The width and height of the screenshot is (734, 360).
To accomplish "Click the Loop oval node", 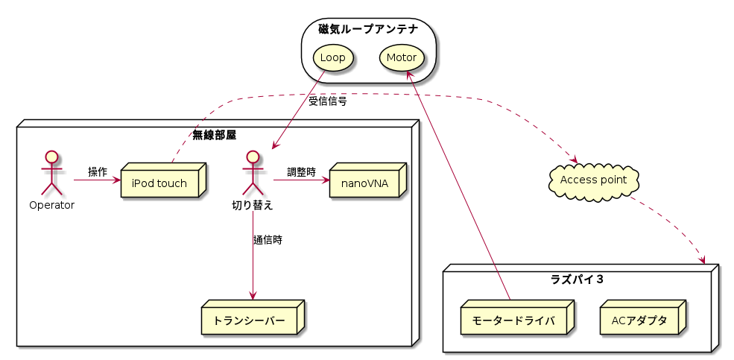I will [332, 58].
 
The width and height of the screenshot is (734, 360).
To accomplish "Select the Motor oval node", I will [402, 58].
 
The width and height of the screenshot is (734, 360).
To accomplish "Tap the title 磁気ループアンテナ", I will [367, 30].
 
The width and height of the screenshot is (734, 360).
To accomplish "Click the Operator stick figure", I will [51, 173].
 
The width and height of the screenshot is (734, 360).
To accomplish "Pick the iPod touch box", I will [159, 183].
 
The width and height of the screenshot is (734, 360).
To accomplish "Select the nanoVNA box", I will [364, 183].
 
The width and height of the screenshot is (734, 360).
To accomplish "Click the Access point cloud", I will [593, 180].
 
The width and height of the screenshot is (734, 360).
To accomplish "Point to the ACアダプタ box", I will [639, 320].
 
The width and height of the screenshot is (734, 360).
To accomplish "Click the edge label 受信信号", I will [328, 101].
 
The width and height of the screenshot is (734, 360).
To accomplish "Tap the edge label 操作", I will [98, 172].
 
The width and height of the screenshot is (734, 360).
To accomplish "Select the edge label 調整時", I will [301, 172].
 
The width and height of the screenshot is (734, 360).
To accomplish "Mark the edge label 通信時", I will [268, 240].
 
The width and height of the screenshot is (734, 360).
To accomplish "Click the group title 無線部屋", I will [214, 135].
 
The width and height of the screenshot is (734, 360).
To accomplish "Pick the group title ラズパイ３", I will [577, 280].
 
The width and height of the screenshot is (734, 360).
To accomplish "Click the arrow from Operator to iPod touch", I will [97, 180].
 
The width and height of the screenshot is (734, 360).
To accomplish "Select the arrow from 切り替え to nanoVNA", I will [301, 180].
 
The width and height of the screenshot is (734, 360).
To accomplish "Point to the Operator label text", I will [51, 205].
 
